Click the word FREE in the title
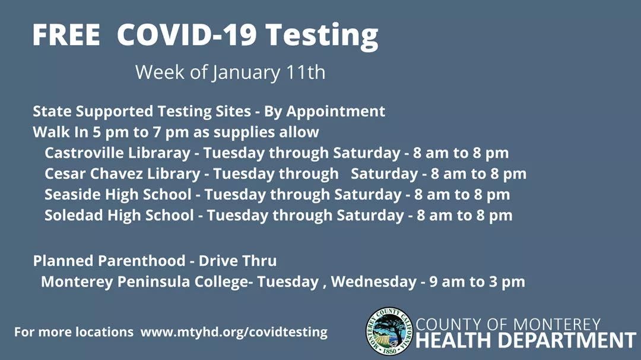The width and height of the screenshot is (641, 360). click(x=66, y=34)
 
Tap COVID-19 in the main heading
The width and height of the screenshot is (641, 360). click(x=187, y=34)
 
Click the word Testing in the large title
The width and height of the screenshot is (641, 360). click(x=322, y=36)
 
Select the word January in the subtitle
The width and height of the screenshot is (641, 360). click(x=246, y=73)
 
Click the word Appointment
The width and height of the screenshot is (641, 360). click(x=335, y=111)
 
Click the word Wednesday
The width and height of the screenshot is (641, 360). click(x=374, y=282)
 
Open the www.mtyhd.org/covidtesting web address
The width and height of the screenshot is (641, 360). click(x=234, y=332)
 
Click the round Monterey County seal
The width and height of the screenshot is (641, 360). click(x=389, y=331)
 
